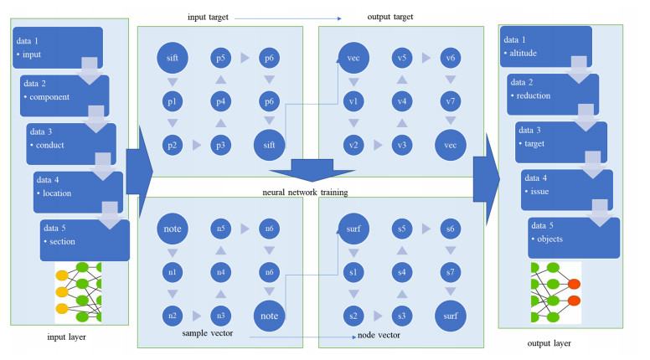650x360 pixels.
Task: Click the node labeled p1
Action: pyautogui.click(x=172, y=101)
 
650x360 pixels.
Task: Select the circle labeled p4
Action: pyautogui.click(x=220, y=101)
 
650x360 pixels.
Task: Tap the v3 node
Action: pyautogui.click(x=402, y=145)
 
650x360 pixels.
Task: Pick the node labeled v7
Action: pyautogui.click(x=450, y=101)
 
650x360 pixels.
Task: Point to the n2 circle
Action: pyautogui.click(x=172, y=316)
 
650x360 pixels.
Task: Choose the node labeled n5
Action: pyautogui.click(x=220, y=229)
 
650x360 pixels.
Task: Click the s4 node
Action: pyautogui.click(x=402, y=272)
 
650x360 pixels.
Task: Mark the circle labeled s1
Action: pyautogui.click(x=353, y=272)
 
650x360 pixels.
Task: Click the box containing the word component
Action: pyautogui.click(x=64, y=95)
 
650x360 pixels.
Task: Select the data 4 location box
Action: pyautogui.click(x=78, y=193)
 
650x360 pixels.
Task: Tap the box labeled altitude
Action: pyautogui.click(x=545, y=46)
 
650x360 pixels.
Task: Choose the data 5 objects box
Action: pyautogui.click(x=574, y=238)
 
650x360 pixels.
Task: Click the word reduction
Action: pyautogui.click(x=533, y=95)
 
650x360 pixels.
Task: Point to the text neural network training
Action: pyautogui.click(x=305, y=193)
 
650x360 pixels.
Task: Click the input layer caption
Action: pyautogui.click(x=66, y=337)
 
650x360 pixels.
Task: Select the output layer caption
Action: pyautogui.click(x=549, y=343)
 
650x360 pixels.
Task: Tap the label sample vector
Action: pyautogui.click(x=207, y=333)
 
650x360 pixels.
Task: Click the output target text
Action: pyautogui.click(x=390, y=17)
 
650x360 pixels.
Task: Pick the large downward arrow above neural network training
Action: pyautogui.click(x=312, y=170)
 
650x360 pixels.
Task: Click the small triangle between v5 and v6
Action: pyautogui.click(x=426, y=58)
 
